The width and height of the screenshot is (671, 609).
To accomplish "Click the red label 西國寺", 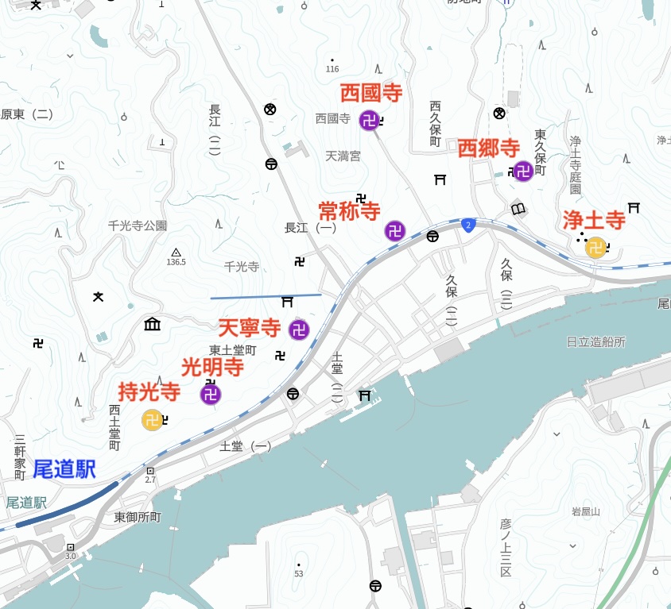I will (x=371, y=93).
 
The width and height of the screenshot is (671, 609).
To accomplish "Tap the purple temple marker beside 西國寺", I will (x=369, y=121).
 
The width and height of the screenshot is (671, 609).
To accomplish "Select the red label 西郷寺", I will (x=488, y=148).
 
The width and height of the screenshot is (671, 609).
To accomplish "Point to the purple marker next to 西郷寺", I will (x=523, y=171).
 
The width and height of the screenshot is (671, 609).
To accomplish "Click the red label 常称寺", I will (x=349, y=210).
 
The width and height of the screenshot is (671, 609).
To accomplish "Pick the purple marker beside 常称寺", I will (x=395, y=231).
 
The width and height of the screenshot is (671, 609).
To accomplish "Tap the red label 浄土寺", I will (x=594, y=220).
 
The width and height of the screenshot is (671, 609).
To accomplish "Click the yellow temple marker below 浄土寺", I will (x=595, y=248).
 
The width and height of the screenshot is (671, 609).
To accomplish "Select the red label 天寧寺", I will (x=250, y=327).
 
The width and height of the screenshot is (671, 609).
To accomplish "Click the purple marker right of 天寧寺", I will (x=299, y=330).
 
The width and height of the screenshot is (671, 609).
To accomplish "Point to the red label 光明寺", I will (x=212, y=367).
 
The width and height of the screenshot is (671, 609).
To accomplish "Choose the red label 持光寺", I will (x=149, y=391).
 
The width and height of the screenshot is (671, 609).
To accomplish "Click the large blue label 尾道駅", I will (x=64, y=469).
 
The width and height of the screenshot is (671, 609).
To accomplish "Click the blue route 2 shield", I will (x=468, y=225).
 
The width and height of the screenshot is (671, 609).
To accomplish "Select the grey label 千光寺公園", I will (x=138, y=225).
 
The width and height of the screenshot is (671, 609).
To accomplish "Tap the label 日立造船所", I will (x=595, y=341).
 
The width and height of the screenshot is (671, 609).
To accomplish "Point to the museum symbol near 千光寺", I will (x=152, y=324).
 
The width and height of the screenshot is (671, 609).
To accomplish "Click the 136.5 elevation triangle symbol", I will (x=176, y=251).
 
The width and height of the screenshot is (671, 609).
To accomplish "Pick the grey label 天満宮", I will (x=343, y=156).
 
